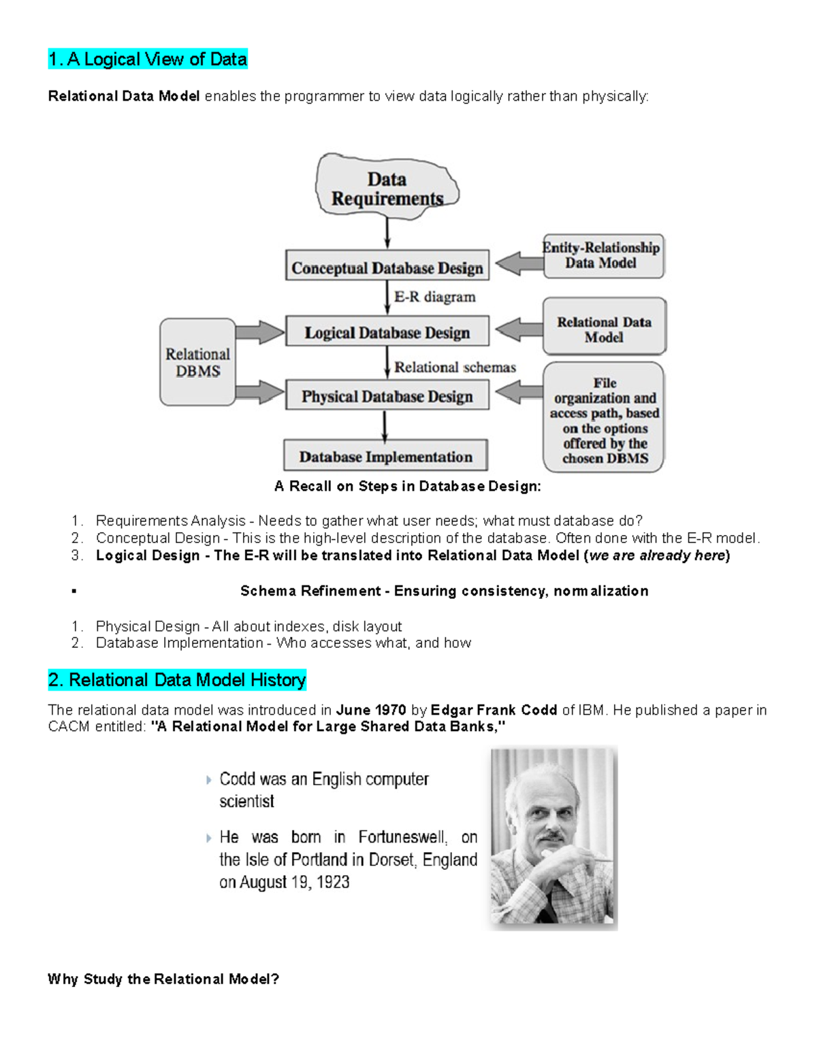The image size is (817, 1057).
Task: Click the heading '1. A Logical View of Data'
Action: [148, 59]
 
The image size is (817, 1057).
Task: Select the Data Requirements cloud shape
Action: [387, 189]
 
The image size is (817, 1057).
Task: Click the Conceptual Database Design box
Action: [387, 267]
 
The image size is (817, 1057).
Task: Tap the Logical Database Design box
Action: [387, 332]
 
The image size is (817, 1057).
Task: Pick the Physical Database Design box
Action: [387, 396]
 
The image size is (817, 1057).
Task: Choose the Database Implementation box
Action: [385, 457]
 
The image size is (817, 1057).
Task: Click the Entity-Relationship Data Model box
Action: [603, 256]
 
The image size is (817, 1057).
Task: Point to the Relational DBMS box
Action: [197, 363]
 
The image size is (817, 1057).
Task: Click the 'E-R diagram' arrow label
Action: [434, 297]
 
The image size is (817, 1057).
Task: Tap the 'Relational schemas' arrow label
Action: [455, 368]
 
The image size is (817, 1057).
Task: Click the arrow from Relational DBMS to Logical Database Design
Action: [259, 332]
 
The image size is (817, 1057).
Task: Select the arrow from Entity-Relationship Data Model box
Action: [518, 263]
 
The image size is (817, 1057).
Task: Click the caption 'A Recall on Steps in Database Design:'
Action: [407, 486]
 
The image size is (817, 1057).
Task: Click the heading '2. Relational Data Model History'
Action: [177, 680]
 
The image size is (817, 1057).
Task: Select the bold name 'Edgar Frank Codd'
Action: [494, 710]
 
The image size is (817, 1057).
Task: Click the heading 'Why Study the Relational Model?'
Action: [163, 979]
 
